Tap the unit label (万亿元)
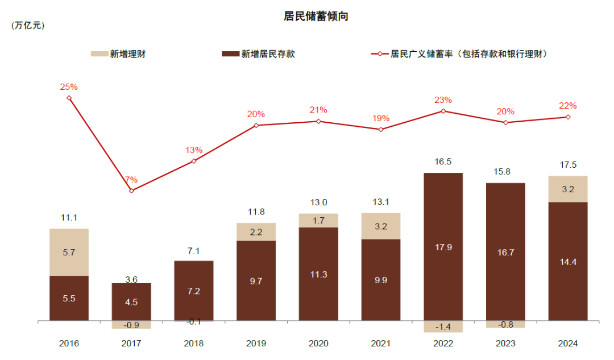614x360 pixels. click(x=27, y=26)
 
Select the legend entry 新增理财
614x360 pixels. click(x=119, y=54)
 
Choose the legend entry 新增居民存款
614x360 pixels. click(x=259, y=54)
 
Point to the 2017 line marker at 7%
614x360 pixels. click(x=131, y=191)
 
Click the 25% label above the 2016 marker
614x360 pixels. click(x=69, y=87)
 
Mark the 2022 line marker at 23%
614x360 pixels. click(x=443, y=111)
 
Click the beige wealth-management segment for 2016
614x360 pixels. click(x=69, y=252)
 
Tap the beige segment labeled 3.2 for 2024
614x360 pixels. click(x=568, y=189)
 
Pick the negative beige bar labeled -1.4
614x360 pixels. click(x=443, y=326)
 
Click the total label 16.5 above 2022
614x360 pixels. click(x=443, y=162)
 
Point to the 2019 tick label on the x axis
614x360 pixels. click(x=256, y=344)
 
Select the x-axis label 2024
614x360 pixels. click(x=568, y=344)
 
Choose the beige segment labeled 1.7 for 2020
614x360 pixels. click(x=318, y=220)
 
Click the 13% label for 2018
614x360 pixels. click(x=194, y=150)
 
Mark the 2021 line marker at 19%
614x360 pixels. click(x=381, y=130)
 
